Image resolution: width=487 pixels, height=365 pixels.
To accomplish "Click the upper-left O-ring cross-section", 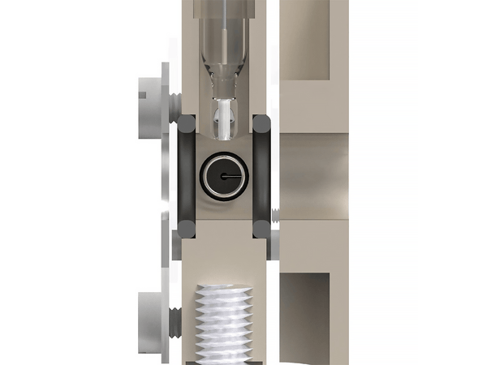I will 187,125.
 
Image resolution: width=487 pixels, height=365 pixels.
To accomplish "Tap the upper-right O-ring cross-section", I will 261,125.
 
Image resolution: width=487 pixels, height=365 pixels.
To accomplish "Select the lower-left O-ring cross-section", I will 187,230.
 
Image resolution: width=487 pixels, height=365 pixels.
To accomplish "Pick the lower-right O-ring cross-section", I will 261,230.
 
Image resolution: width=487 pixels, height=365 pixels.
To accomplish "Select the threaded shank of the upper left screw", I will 174,100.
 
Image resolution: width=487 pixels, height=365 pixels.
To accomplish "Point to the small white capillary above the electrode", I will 223,118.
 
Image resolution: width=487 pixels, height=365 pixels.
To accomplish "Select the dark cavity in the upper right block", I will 304,41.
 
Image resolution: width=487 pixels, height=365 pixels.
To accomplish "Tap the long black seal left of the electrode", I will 186,177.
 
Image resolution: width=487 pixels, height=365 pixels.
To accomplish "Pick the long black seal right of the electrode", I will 261,177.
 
